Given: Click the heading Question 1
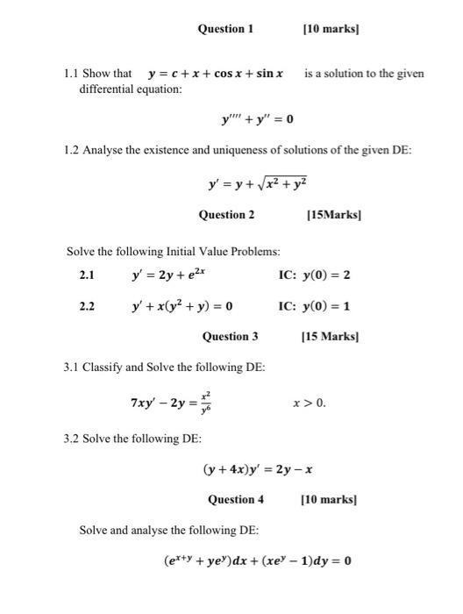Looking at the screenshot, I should click(x=225, y=29).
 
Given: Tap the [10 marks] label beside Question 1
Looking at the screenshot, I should click(x=331, y=29).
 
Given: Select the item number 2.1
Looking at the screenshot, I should click(x=87, y=275).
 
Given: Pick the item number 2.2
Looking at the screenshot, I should click(x=87, y=306).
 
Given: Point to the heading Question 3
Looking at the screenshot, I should click(x=231, y=336).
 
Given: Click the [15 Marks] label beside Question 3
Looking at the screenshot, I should click(x=331, y=336).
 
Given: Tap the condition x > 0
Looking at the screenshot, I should click(x=310, y=403).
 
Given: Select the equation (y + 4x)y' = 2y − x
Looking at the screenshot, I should click(x=258, y=469).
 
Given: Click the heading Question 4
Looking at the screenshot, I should click(x=236, y=500).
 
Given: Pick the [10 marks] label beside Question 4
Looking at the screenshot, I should click(x=330, y=500).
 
